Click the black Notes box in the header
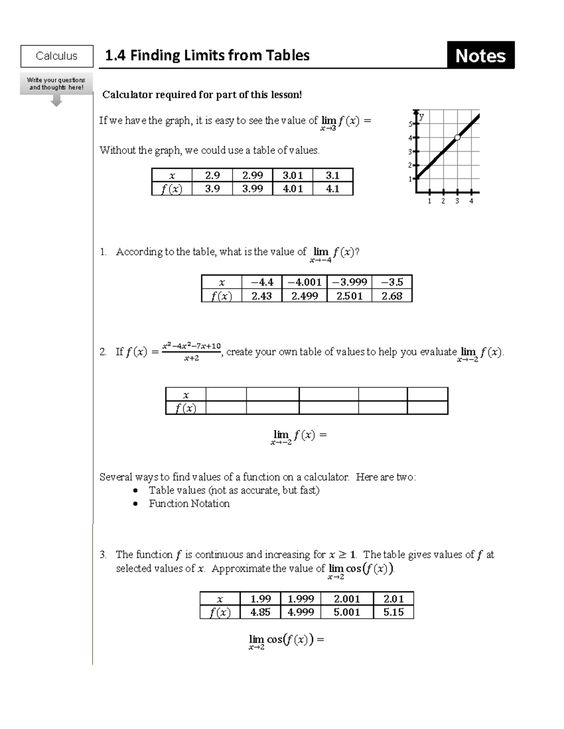coord(480,55)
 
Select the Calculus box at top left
coord(57,56)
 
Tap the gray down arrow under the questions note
coord(56,101)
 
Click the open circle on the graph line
coord(457,137)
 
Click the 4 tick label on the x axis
coord(471,201)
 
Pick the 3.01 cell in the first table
coord(292,175)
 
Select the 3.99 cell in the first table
coord(252,189)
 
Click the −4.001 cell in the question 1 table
coord(304,282)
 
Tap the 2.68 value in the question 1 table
coord(392,296)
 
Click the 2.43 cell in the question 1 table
coord(261,296)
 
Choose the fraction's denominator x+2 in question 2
coord(191,358)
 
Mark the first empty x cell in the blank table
coord(226,394)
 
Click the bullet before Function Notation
coord(135,504)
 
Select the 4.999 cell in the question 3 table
coord(300,612)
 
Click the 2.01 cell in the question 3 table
coord(393,599)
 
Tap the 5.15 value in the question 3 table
coord(393,612)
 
